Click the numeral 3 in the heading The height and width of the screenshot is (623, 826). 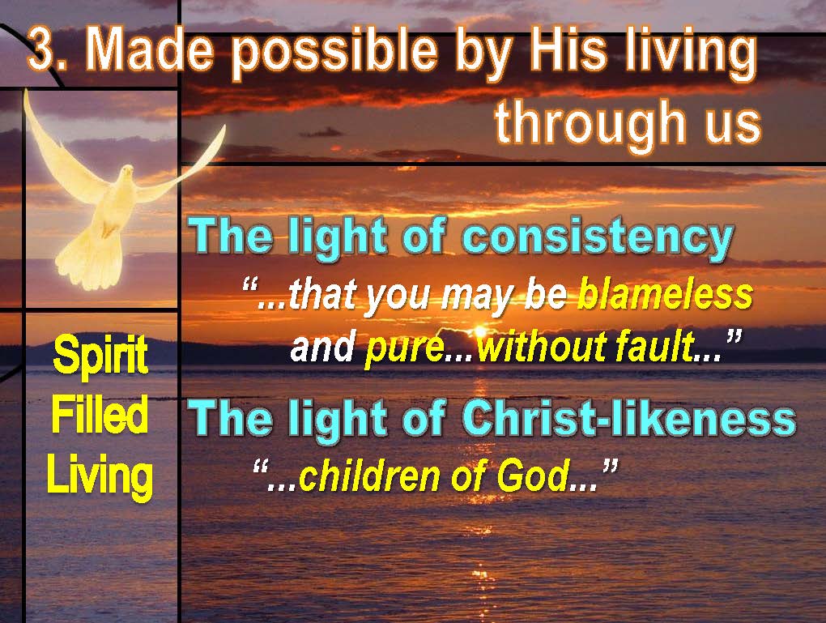tap(41, 49)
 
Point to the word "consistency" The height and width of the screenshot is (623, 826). tap(598, 237)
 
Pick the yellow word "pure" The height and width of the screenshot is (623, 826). tap(405, 348)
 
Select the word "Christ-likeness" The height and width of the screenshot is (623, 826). tap(629, 419)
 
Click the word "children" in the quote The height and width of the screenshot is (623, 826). tap(371, 475)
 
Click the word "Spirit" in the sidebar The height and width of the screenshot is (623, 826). tap(100, 357)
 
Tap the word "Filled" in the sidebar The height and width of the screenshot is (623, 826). tap(100, 416)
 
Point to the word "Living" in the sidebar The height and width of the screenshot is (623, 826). tap(100, 476)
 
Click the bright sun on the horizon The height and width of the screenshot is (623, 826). tap(479, 332)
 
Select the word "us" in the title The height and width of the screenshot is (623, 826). tap(734, 126)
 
